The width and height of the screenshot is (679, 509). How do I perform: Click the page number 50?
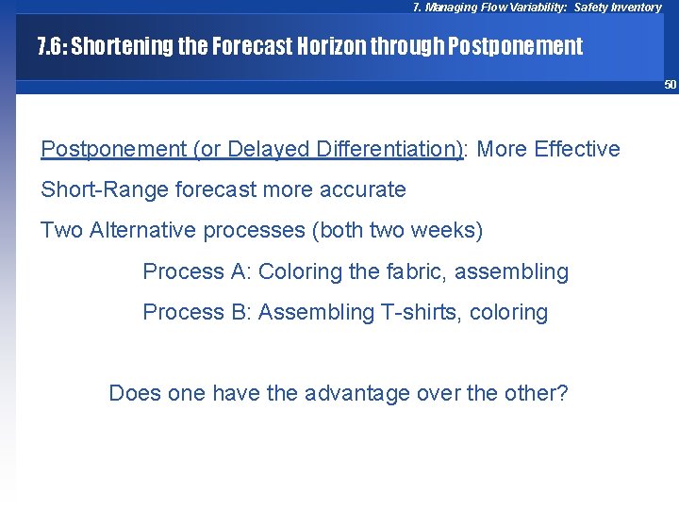pos(670,85)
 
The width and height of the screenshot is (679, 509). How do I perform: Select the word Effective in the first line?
pos(575,149)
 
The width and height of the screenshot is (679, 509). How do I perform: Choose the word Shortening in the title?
pos(121,46)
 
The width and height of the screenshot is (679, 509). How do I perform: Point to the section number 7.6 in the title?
pos(50,46)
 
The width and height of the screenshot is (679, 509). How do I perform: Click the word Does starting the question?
pos(135,393)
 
